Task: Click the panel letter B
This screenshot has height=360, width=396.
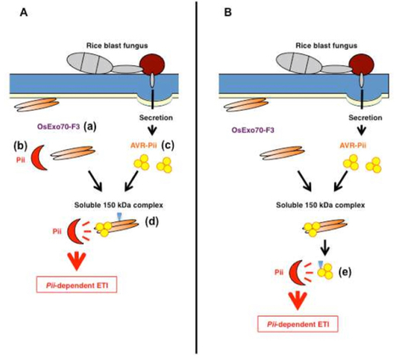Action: (213, 12)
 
